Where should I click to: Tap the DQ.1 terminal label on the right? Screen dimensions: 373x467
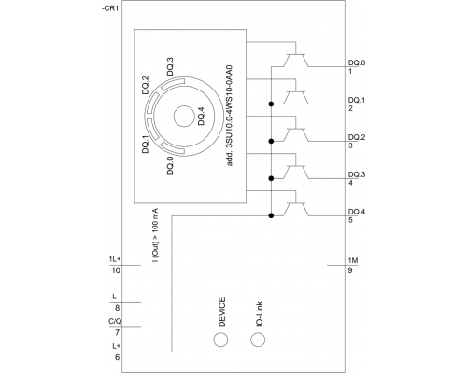(355, 99)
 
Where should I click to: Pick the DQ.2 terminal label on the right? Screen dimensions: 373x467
(355, 136)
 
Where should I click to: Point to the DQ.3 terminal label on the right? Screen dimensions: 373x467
(355, 173)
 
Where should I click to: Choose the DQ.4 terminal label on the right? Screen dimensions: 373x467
(355, 211)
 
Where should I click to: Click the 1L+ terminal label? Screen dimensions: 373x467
(115, 258)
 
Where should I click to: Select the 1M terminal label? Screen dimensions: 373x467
(351, 258)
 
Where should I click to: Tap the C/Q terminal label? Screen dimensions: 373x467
(115, 322)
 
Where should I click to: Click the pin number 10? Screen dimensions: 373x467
(116, 270)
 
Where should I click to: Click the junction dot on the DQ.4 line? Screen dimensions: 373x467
(271, 215)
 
